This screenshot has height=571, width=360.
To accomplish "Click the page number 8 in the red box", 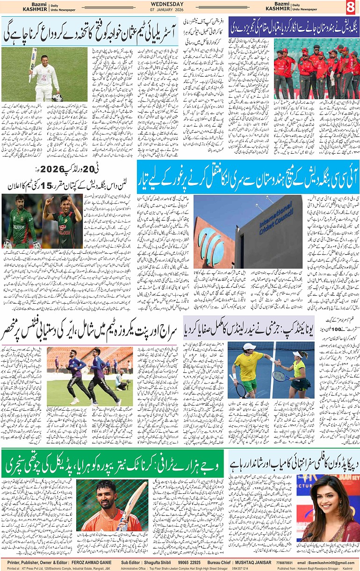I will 351,7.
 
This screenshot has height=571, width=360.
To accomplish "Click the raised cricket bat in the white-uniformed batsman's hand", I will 33,63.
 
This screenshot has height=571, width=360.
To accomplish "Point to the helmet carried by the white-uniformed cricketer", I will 57,97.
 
